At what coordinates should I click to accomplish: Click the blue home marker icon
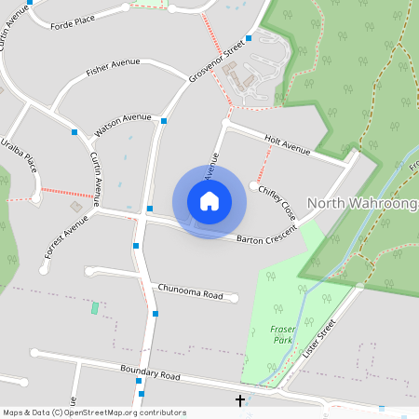[209, 201]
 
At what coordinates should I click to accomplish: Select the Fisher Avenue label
[112, 67]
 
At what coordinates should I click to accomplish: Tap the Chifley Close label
[277, 201]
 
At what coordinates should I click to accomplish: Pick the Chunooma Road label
[191, 292]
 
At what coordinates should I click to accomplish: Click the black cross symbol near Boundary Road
[240, 400]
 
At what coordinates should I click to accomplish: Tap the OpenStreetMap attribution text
[94, 412]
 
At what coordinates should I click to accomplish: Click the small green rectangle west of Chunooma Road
[94, 307]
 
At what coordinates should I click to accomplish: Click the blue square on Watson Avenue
[164, 120]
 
